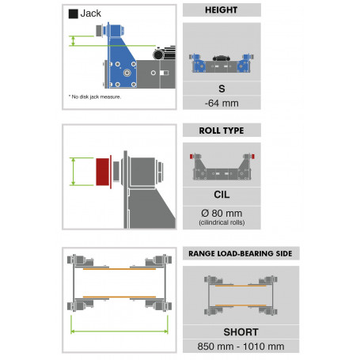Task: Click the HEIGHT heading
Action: [x=222, y=10]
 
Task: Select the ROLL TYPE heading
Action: [x=222, y=131]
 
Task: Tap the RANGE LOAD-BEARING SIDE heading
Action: [x=241, y=254]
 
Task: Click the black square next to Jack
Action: [x=73, y=13]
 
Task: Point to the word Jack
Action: [x=90, y=13]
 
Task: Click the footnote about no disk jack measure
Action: [x=95, y=97]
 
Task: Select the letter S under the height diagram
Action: [x=222, y=89]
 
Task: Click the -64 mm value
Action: [x=222, y=103]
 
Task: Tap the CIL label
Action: [x=222, y=195]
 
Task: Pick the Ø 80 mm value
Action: [x=222, y=213]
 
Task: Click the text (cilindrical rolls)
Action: [x=222, y=222]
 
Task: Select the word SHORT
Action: [x=241, y=332]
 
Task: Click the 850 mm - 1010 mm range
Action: [x=241, y=347]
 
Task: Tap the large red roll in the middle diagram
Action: [x=102, y=172]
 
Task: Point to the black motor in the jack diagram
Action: [x=164, y=54]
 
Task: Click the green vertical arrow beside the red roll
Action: [x=74, y=172]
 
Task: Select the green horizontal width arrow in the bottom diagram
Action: [x=119, y=332]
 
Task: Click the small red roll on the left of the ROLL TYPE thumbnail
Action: [x=191, y=157]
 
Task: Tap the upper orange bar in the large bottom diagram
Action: [x=119, y=269]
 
